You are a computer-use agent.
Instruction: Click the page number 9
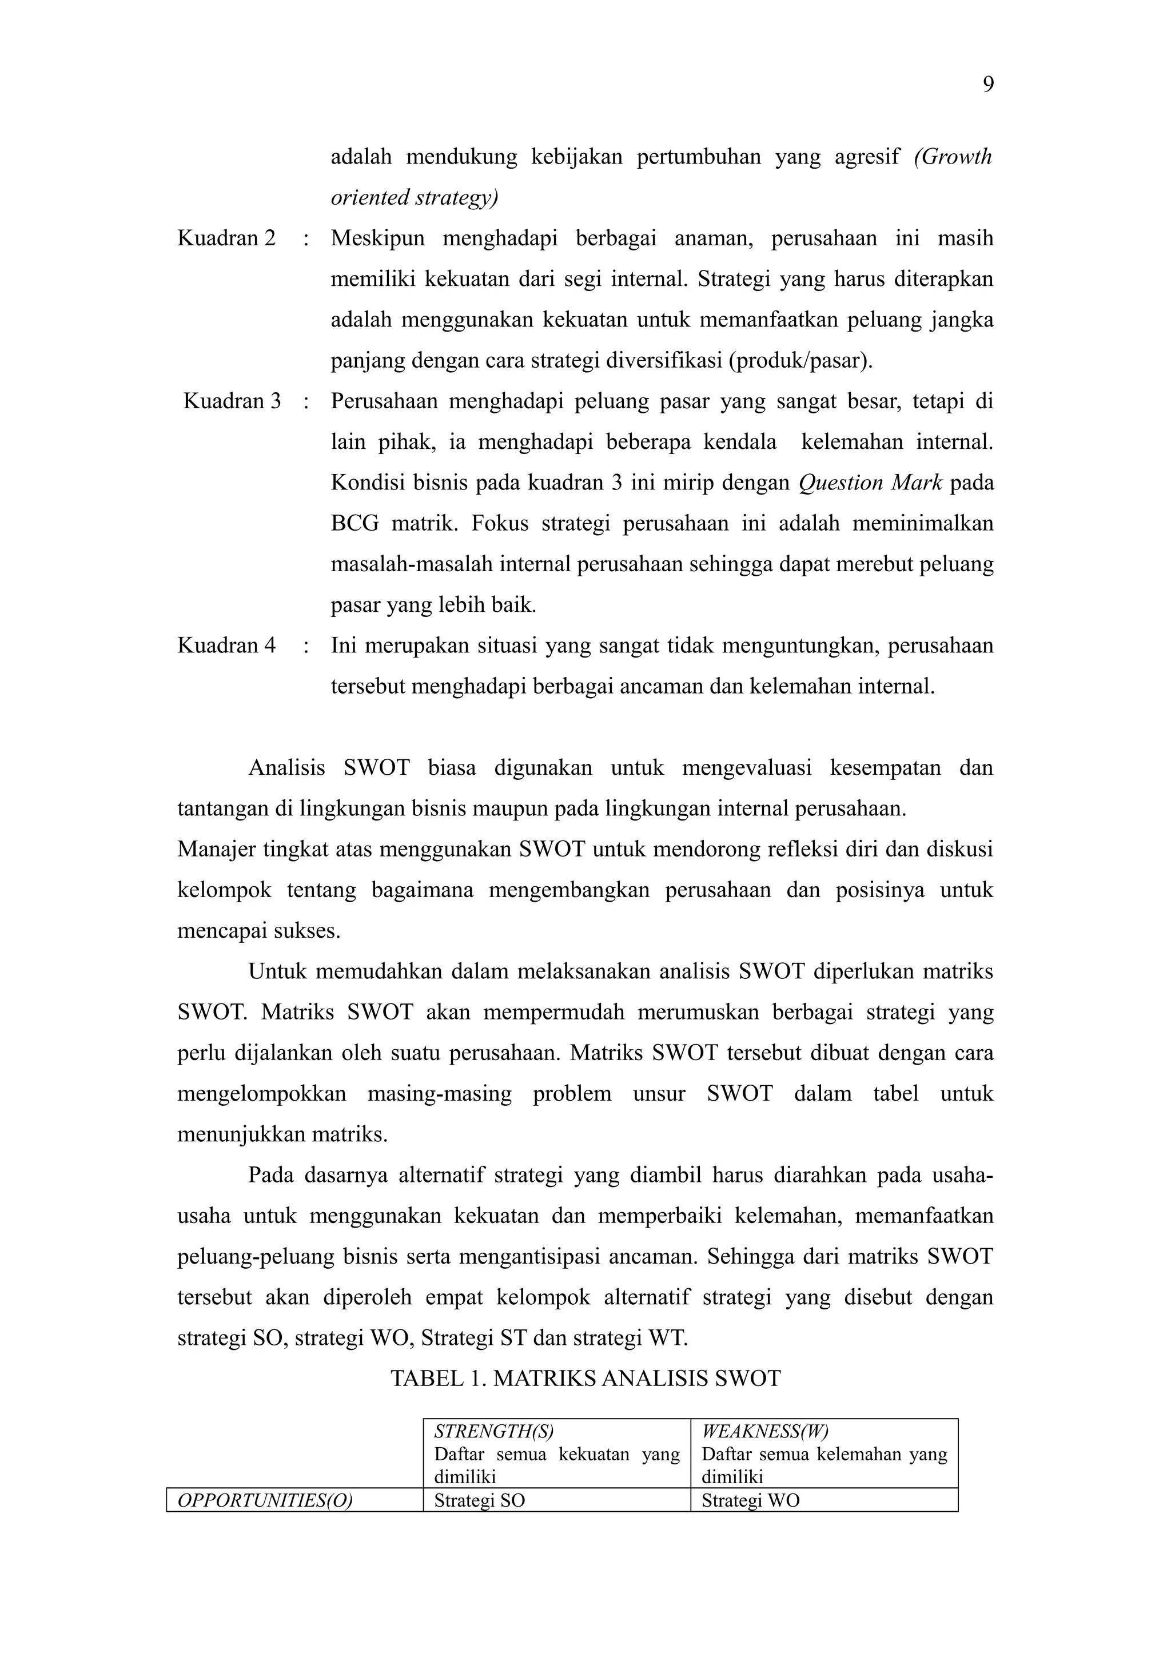(x=987, y=85)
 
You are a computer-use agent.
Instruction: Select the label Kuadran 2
(x=226, y=238)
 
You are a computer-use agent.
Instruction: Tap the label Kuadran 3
(x=232, y=401)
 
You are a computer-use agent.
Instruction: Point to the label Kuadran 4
(x=226, y=645)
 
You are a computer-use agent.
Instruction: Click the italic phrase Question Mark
(x=870, y=482)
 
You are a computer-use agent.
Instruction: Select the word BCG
(x=355, y=523)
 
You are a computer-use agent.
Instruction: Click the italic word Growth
(x=953, y=157)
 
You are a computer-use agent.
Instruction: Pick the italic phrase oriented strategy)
(x=414, y=197)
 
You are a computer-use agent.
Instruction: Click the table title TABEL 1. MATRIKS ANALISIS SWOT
(x=585, y=1379)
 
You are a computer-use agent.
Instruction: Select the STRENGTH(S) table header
(x=493, y=1432)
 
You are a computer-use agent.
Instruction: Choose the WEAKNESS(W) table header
(x=765, y=1432)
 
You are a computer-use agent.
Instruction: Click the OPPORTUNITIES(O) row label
(x=265, y=1500)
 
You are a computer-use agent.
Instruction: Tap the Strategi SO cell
(x=479, y=1500)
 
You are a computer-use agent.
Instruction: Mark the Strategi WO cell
(x=750, y=1500)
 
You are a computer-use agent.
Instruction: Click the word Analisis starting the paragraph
(x=286, y=767)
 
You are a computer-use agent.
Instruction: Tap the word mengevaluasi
(x=746, y=767)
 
